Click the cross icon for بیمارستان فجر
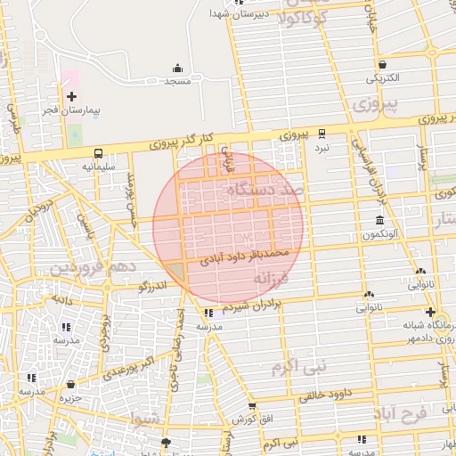click(x=71, y=95)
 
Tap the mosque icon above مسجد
click(x=177, y=68)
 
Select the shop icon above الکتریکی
click(x=382, y=64)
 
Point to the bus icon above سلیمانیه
click(x=96, y=152)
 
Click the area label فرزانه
click(x=272, y=280)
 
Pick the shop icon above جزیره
click(x=70, y=384)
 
